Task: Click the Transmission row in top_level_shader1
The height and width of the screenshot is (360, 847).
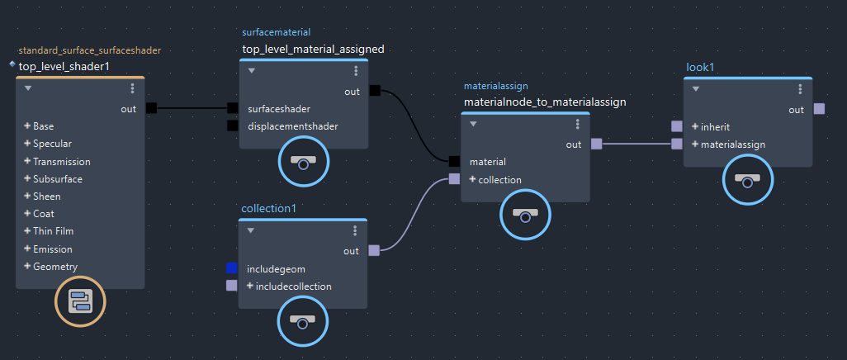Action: click(62, 162)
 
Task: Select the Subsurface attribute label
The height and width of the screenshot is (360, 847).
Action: click(58, 179)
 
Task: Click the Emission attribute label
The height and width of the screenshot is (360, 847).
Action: click(53, 249)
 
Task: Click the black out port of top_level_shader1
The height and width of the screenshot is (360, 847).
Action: click(151, 108)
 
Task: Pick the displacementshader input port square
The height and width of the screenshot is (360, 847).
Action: click(233, 126)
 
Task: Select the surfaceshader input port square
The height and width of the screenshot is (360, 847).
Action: click(233, 108)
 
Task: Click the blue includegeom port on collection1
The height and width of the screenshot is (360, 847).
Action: click(232, 268)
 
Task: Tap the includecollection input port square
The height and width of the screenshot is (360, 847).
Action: click(232, 287)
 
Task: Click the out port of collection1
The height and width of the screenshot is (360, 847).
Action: click(374, 250)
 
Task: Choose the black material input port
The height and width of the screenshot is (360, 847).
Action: click(454, 162)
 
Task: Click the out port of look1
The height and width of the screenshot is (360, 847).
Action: click(819, 109)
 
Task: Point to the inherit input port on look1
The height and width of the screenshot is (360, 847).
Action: click(677, 126)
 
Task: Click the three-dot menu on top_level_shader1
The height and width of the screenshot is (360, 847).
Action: click(132, 88)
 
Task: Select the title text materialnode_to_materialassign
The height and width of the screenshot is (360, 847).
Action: click(545, 102)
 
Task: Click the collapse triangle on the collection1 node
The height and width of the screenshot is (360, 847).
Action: click(252, 230)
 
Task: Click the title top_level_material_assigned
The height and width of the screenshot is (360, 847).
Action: click(313, 50)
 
